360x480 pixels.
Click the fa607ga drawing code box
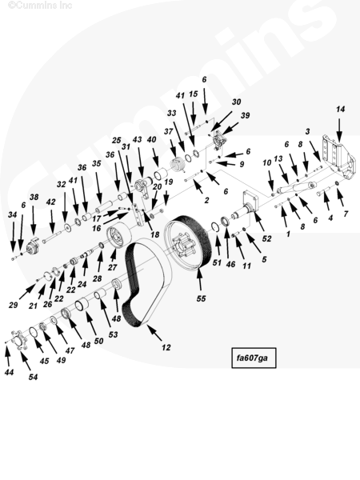(254, 358)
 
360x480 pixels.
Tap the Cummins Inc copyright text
(40, 5)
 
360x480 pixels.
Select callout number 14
(341, 109)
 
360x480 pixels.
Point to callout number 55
(201, 298)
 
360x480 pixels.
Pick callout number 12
(166, 347)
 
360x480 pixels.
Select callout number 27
(112, 267)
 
